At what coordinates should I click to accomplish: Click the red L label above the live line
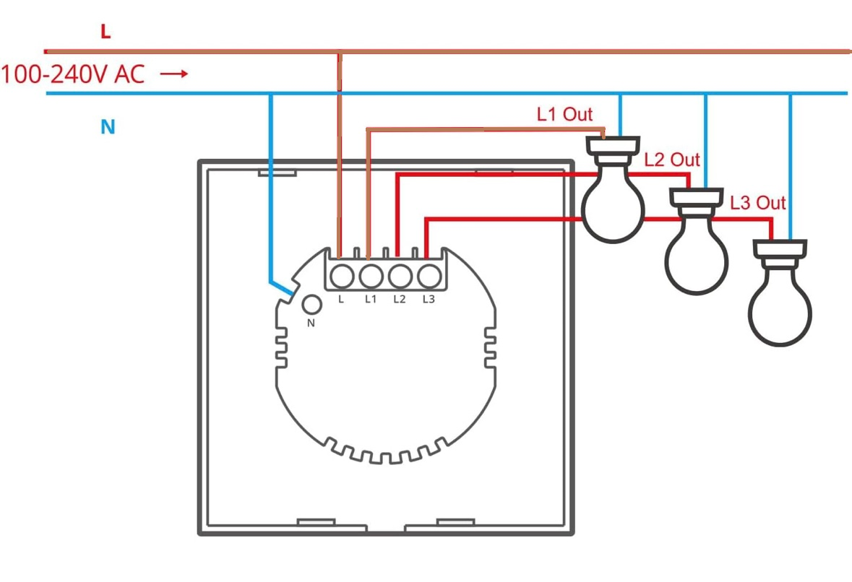pyautogui.click(x=106, y=32)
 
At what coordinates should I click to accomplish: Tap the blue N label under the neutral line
pyautogui.click(x=108, y=127)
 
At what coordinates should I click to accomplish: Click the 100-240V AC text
pyautogui.click(x=73, y=74)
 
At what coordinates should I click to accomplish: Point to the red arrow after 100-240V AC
pyautogui.click(x=174, y=74)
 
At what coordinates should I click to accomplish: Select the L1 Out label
pyautogui.click(x=564, y=114)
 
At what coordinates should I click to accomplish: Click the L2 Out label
pyautogui.click(x=672, y=160)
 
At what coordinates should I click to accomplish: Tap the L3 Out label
pyautogui.click(x=757, y=203)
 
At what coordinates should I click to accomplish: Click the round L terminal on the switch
pyautogui.click(x=342, y=277)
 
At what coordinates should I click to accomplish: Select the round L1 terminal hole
pyautogui.click(x=371, y=277)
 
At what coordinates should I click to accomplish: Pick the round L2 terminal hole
pyautogui.click(x=400, y=277)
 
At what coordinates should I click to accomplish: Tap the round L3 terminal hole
pyautogui.click(x=429, y=277)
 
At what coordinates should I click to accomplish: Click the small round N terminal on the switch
pyautogui.click(x=311, y=305)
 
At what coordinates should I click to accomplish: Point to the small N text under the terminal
pyautogui.click(x=311, y=323)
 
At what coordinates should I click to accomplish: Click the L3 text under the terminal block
pyautogui.click(x=429, y=299)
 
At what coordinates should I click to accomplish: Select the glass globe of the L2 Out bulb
pyautogui.click(x=697, y=255)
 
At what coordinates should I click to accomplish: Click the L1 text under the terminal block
pyautogui.click(x=371, y=299)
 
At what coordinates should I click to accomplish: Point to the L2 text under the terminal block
pyautogui.click(x=400, y=299)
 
